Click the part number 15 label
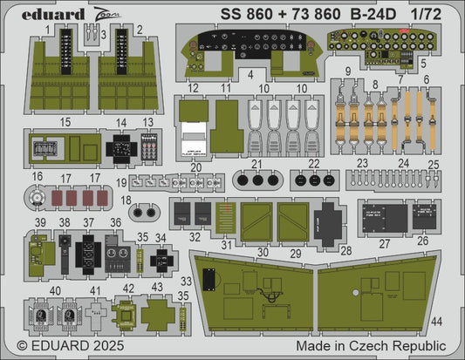click(x=42, y=123)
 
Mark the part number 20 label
click(x=196, y=167)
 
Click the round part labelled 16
click(x=38, y=200)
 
